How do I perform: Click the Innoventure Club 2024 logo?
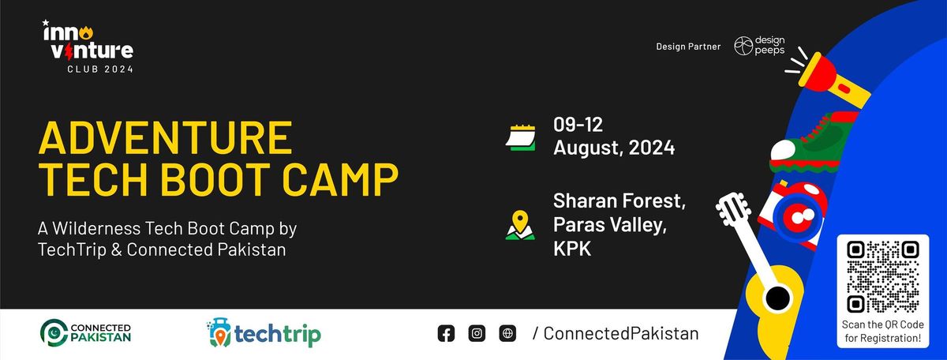point(88,47)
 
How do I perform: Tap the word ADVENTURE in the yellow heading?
point(165,138)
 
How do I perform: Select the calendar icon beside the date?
point(521,137)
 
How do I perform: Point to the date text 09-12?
point(578,125)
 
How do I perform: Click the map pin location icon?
point(520,225)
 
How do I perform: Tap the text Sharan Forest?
point(619,201)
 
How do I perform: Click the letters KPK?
point(572,249)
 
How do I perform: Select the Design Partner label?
point(688,47)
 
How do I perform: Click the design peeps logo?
point(759,46)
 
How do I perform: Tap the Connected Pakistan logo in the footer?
point(86,333)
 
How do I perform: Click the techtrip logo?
point(264,333)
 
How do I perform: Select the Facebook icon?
point(446,333)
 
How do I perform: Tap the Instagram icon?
point(477,333)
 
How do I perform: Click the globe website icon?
point(507,333)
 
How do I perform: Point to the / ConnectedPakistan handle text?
point(616,333)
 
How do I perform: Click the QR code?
point(883,276)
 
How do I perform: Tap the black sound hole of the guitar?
point(777,298)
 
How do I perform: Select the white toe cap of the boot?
point(783,150)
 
